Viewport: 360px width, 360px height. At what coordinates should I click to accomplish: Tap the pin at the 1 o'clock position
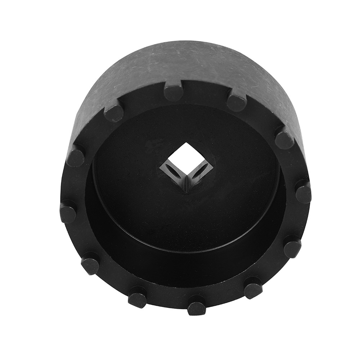(237, 102)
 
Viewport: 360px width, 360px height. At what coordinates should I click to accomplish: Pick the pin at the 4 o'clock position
(292, 248)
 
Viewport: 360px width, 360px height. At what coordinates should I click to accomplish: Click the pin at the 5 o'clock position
(253, 288)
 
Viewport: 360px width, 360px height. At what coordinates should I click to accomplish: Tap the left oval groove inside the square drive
(172, 172)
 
